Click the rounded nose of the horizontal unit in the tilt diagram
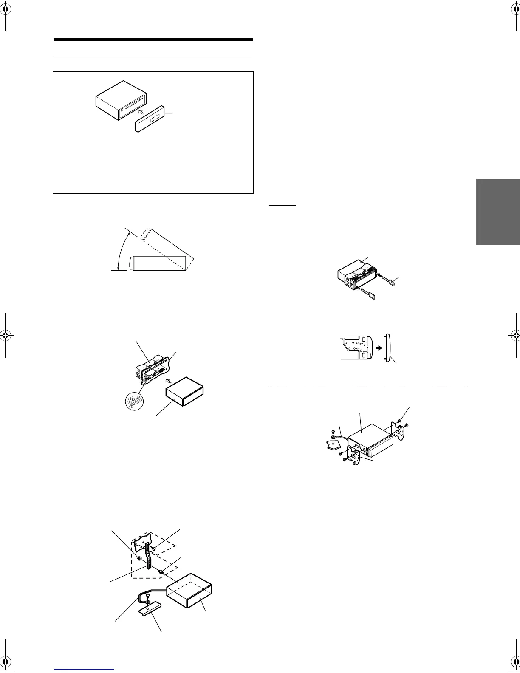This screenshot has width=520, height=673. point(133,263)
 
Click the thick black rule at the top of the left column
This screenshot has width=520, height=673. point(153,40)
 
